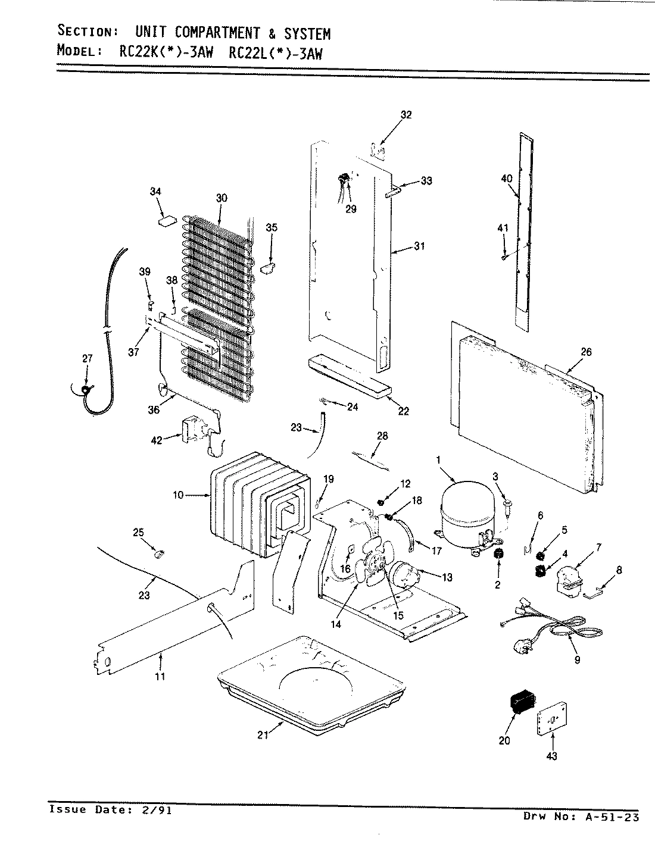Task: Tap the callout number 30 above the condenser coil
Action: (x=221, y=198)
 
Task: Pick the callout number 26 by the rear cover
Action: (x=586, y=352)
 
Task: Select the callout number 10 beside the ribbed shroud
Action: (x=178, y=495)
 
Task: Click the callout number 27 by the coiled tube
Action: (x=88, y=358)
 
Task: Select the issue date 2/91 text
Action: (x=153, y=810)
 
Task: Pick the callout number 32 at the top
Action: (x=406, y=115)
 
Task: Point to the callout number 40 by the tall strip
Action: (x=506, y=178)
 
